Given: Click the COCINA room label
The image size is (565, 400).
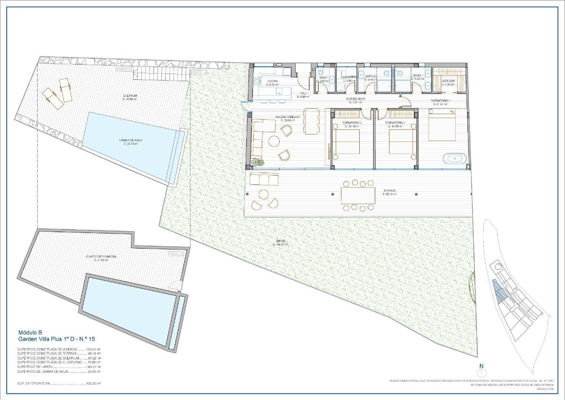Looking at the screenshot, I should [x=273, y=81].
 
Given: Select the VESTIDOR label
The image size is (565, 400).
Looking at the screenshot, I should [x=448, y=81].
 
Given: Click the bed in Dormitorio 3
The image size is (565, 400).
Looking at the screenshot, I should [x=347, y=142].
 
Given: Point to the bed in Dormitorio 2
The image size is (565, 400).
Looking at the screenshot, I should [x=403, y=142].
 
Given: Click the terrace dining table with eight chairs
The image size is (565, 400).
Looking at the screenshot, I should [x=358, y=195].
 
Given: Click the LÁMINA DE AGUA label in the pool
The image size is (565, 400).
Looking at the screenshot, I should [x=130, y=140].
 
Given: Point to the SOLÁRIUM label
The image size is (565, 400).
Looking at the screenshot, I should [x=129, y=96].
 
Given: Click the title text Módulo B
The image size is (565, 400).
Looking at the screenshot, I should [x=30, y=332].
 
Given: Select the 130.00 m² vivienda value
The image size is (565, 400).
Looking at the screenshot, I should [x=94, y=350].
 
